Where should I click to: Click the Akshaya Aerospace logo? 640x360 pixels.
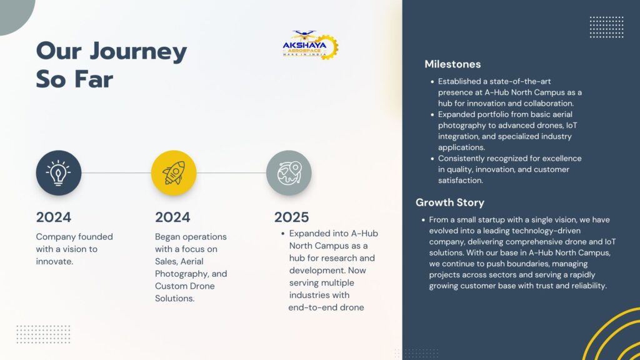point(310,45)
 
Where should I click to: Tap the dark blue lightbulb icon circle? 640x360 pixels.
point(58,172)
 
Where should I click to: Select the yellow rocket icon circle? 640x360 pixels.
point(174,172)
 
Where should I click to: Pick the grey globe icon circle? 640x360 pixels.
point(289,172)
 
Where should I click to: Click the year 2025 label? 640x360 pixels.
point(291,217)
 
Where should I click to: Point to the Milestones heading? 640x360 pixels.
point(452,64)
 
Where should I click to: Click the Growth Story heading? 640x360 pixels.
point(450,202)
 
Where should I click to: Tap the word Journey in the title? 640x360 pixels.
point(138,51)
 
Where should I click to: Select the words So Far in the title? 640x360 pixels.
point(74,79)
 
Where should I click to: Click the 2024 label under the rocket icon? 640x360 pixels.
point(172,217)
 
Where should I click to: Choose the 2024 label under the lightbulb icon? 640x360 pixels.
point(54,217)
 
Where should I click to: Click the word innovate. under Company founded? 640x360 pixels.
point(55,261)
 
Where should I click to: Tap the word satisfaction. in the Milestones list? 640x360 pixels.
point(461,181)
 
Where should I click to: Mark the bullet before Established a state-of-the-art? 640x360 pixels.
point(432,82)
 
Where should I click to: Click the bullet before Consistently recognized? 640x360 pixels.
point(432,159)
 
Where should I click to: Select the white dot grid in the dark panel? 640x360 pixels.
point(606,27)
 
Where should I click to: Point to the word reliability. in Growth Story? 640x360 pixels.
point(589,286)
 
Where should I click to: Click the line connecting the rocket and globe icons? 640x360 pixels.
point(231,172)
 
